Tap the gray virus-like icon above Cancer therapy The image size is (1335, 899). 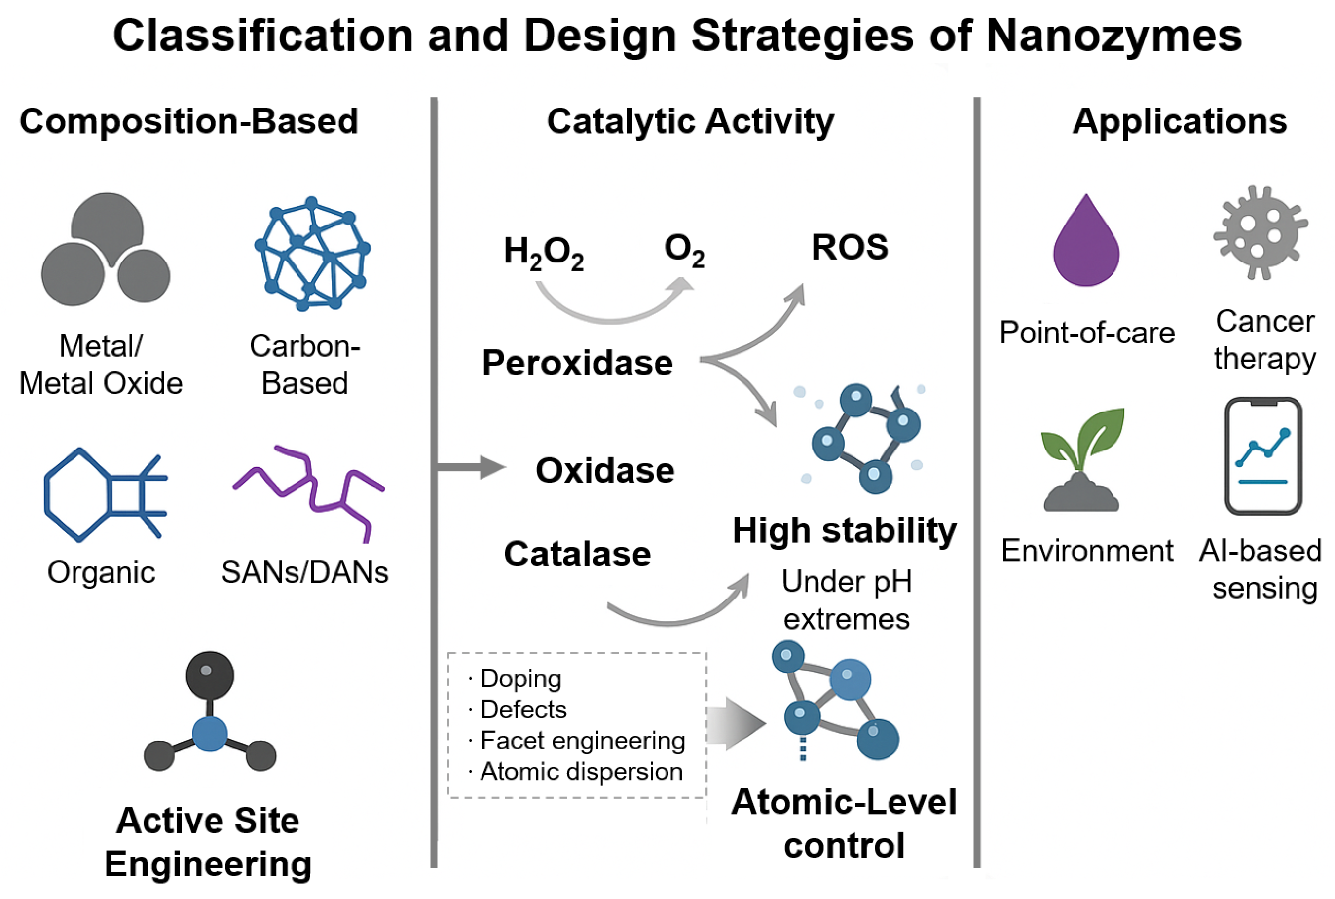(x=1260, y=232)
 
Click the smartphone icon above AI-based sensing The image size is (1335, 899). (x=1263, y=456)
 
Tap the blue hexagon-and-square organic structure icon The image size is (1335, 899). (x=103, y=494)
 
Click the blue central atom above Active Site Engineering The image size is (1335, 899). (x=210, y=734)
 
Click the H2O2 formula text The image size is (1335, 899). (x=543, y=252)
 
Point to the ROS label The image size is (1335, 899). (x=850, y=248)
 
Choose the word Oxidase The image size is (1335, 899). (x=605, y=470)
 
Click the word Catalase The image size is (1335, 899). (x=577, y=554)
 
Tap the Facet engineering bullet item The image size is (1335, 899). (x=582, y=740)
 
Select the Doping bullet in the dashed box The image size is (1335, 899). (x=520, y=678)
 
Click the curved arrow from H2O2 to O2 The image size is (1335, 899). (x=613, y=309)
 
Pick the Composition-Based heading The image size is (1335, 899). (x=188, y=121)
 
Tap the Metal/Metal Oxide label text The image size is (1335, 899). (x=101, y=365)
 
